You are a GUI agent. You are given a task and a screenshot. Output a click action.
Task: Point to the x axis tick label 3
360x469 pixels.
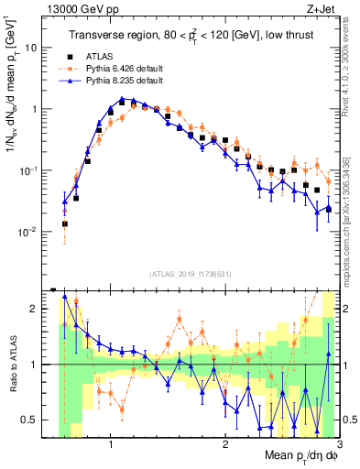[340, 444]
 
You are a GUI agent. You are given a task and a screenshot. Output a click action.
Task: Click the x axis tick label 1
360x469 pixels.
[111, 444]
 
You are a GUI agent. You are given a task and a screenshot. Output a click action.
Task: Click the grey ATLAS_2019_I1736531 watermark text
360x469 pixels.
[191, 274]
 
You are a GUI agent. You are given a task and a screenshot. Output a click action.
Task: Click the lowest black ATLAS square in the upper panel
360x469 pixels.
[65, 224]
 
